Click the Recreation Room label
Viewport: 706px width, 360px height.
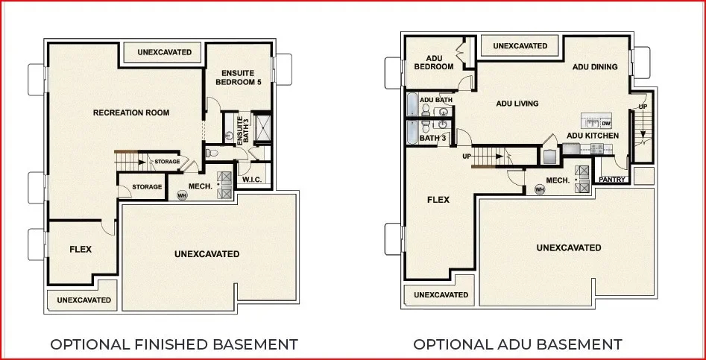[131, 113]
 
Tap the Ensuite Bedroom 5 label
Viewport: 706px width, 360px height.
[239, 78]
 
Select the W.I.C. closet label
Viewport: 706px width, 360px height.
[252, 180]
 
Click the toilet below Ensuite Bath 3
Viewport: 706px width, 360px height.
[212, 153]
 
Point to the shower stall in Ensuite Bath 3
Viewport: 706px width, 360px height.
[262, 127]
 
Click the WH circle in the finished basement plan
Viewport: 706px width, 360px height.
[182, 196]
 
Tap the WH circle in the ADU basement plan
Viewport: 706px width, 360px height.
[540, 189]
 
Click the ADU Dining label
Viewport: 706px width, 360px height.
[595, 67]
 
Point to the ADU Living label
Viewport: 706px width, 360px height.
[517, 104]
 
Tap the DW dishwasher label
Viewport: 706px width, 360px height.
[606, 124]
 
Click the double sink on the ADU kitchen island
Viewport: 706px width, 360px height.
[592, 123]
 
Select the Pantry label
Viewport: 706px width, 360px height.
[612, 180]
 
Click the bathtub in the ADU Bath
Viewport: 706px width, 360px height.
[413, 104]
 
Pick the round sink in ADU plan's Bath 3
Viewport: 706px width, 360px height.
[443, 124]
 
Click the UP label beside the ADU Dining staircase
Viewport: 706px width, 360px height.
[643, 107]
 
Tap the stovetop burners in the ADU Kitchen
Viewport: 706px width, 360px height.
[597, 148]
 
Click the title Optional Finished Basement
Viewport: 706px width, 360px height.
[174, 344]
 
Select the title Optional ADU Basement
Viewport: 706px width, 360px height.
[518, 344]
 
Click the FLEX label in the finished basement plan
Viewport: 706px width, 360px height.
[81, 249]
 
